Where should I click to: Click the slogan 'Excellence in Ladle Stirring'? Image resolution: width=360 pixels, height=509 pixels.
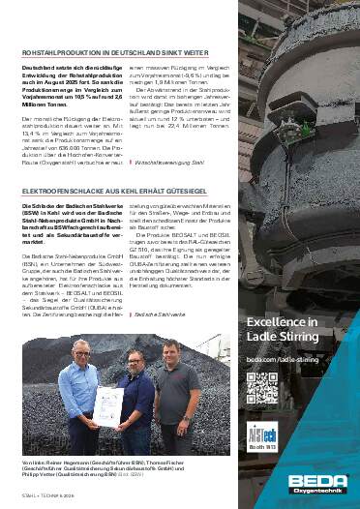(x=294, y=332)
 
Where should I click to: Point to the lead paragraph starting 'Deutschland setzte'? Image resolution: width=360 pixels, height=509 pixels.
(x=68, y=85)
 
